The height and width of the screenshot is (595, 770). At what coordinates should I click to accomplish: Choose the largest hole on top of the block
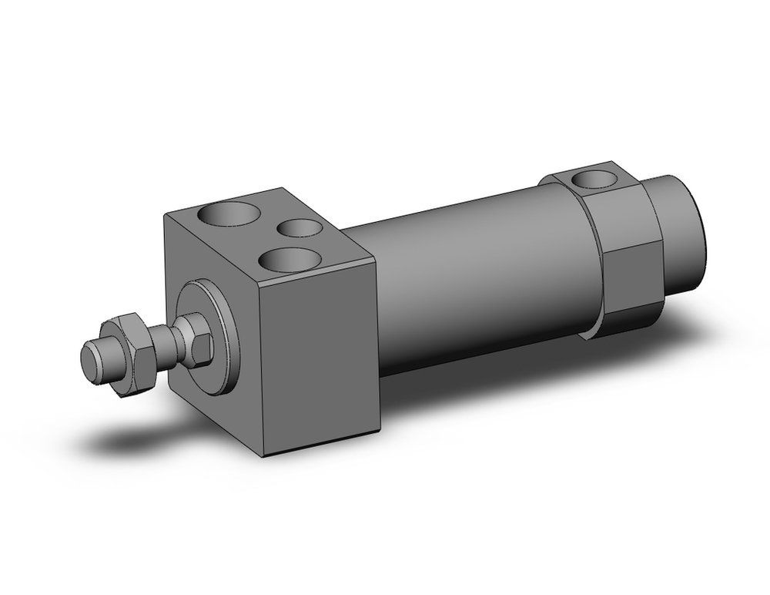pos(228,213)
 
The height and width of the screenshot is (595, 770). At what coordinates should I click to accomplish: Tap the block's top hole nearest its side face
pos(290,260)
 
